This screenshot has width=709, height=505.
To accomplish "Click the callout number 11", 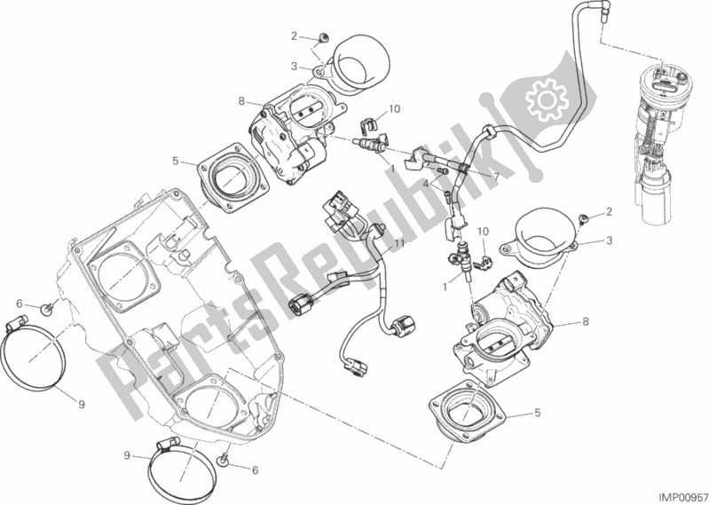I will (x=400, y=242).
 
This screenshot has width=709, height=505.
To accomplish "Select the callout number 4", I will (x=426, y=184).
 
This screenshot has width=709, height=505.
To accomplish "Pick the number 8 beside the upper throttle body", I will (x=240, y=103).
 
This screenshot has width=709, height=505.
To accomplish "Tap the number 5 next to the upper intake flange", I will (x=177, y=162).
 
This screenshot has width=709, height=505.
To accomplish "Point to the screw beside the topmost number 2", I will (x=323, y=38).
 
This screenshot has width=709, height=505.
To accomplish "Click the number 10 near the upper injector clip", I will (x=394, y=109).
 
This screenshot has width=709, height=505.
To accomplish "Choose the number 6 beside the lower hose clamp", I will (x=255, y=469).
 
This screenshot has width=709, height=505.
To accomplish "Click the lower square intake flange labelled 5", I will (x=469, y=416).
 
